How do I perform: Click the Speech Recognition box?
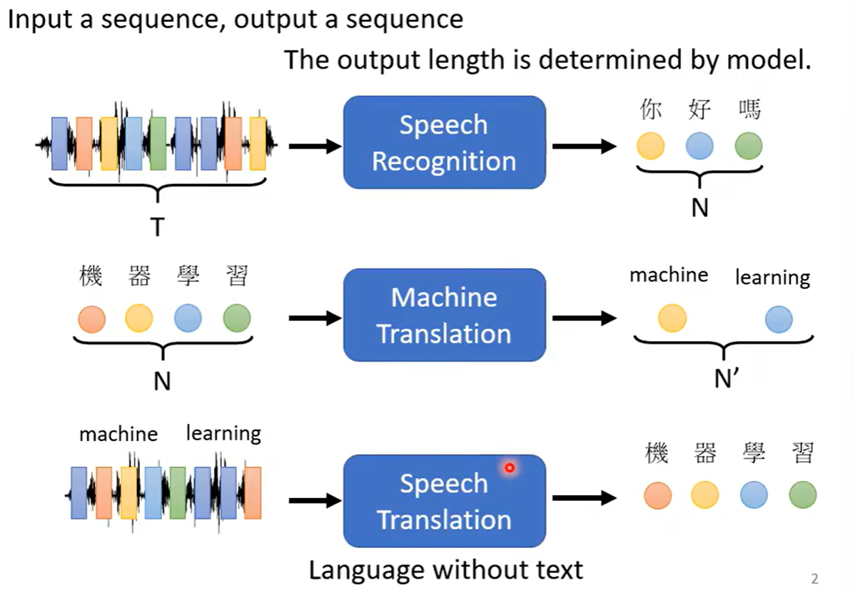pos(444,143)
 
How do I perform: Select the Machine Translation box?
pos(444,315)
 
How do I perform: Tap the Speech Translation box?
pos(444,501)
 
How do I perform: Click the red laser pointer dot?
pos(510,468)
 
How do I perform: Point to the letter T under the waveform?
pos(157,227)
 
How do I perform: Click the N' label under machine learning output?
pos(725,379)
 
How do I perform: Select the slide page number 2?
pos(814,579)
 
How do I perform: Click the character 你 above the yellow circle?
pos(650,110)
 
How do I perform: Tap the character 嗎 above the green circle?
pos(749,110)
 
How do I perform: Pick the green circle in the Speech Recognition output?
pos(749,146)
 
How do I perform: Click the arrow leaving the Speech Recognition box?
pos(584,147)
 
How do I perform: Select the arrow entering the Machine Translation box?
pos(315,318)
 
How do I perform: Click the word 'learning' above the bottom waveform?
pos(223,433)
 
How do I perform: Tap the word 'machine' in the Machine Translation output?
pos(669,275)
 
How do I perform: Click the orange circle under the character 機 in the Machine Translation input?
pos(91,318)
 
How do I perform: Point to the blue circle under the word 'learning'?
pos(779,319)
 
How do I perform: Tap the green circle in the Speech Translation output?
pos(803,495)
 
